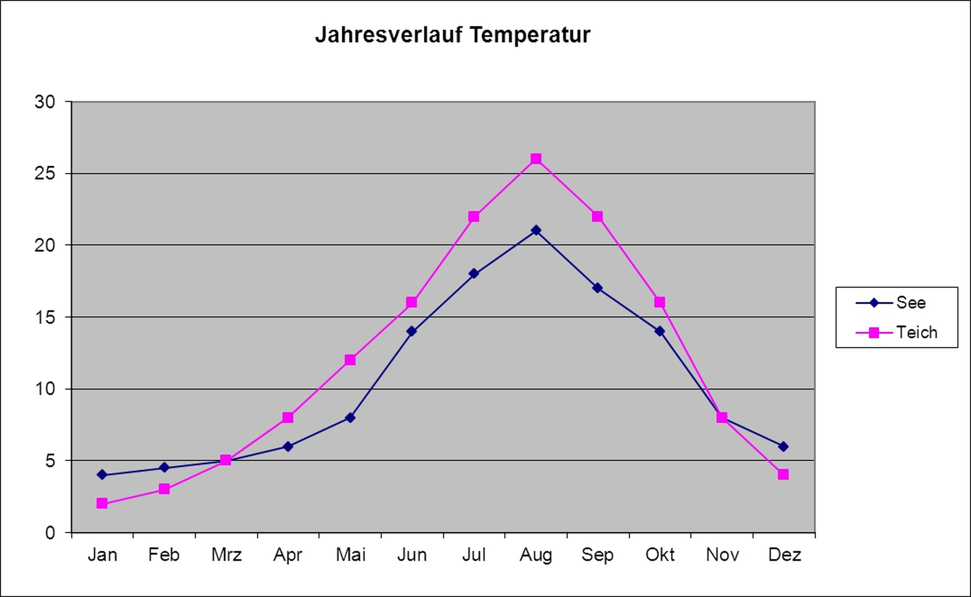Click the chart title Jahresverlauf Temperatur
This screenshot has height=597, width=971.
click(x=452, y=35)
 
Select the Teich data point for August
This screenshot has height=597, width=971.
click(x=536, y=159)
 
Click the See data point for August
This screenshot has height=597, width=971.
click(x=536, y=230)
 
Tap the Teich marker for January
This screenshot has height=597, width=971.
click(x=102, y=503)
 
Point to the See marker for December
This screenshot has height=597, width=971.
click(x=783, y=446)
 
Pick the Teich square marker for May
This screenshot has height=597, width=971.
click(x=350, y=360)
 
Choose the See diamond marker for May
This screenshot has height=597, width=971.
click(x=350, y=417)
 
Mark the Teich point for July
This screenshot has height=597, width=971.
click(x=474, y=216)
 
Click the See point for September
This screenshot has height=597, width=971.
click(x=597, y=288)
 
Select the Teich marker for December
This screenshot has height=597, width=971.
click(x=783, y=474)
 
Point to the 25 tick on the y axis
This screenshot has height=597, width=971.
click(x=45, y=174)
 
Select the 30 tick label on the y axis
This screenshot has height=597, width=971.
click(x=45, y=102)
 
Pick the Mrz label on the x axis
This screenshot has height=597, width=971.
click(x=226, y=555)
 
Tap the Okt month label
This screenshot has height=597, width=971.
click(x=660, y=555)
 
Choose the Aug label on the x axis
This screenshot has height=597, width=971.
click(x=536, y=555)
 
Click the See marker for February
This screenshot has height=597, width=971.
click(x=164, y=467)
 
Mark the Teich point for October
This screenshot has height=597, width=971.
click(x=660, y=302)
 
